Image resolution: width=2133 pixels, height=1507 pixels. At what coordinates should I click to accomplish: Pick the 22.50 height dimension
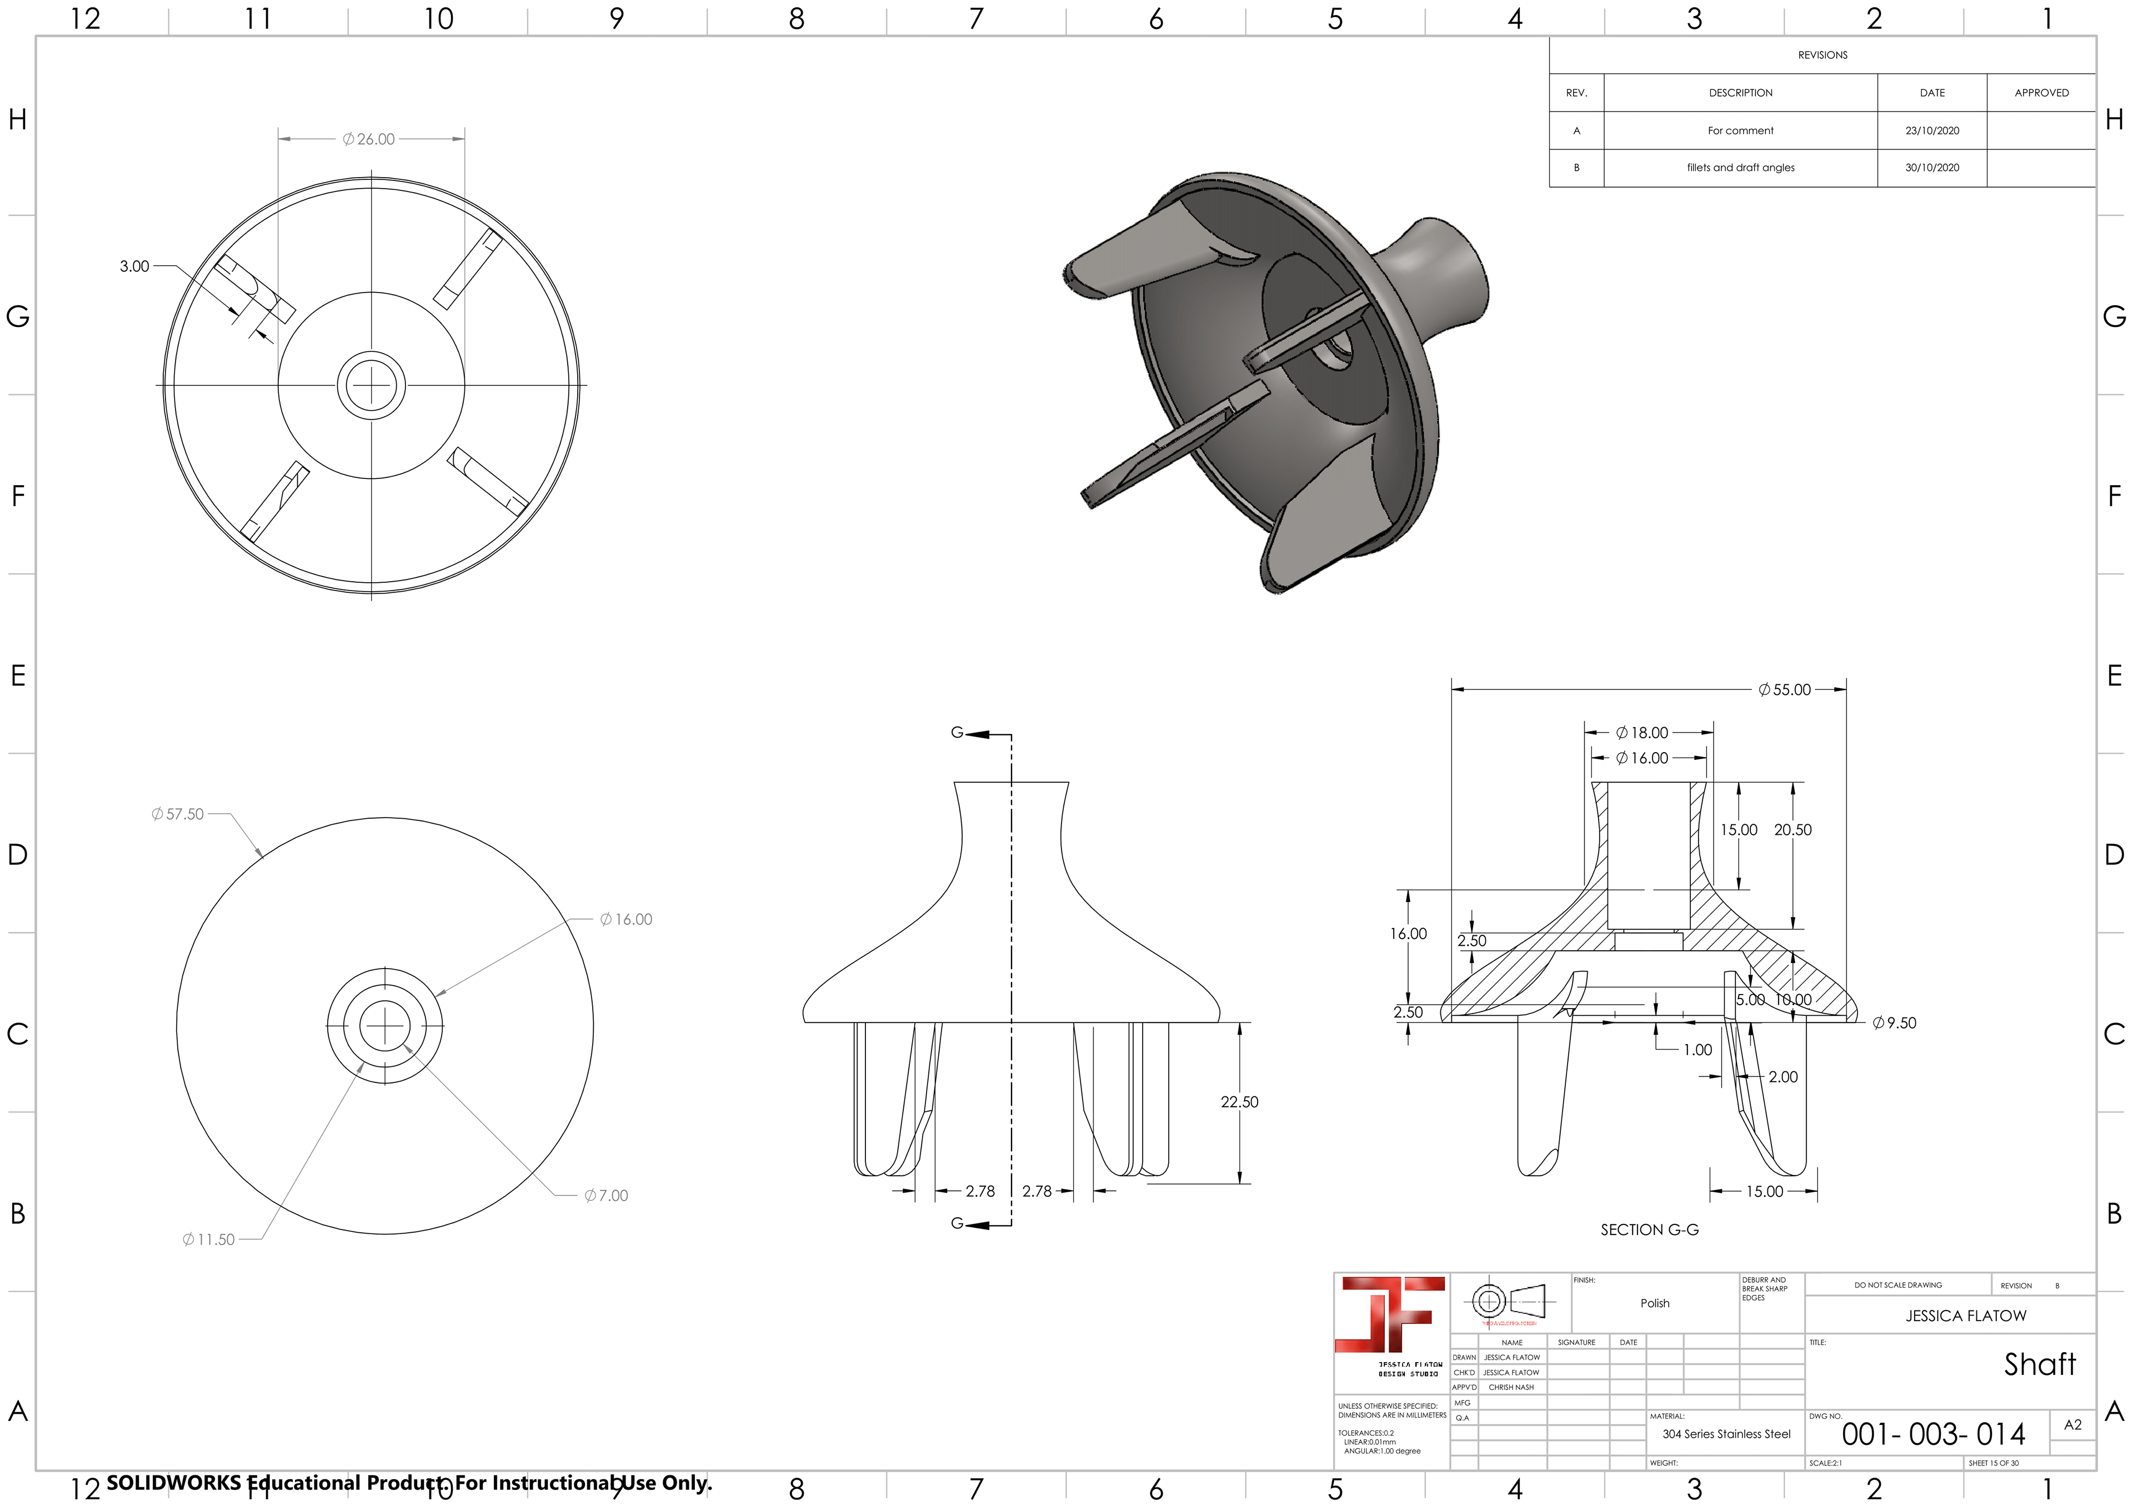point(1239,1102)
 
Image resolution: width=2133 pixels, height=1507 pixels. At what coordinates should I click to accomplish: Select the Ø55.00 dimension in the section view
point(1785,690)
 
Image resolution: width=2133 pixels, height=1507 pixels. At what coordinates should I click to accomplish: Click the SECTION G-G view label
point(1650,1230)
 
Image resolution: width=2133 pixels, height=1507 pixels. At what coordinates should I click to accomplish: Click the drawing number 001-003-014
point(1933,1435)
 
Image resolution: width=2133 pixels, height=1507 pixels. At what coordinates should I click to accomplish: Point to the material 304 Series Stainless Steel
point(1726,1435)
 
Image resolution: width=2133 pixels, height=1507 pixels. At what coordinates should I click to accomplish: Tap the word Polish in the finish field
point(1655,1304)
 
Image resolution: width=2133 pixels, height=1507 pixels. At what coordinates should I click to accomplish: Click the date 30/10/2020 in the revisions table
point(1932,168)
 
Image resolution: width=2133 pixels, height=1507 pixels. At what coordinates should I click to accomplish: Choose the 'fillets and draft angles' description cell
point(1740,168)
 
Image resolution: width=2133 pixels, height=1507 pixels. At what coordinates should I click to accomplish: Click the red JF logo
point(1391,1315)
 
